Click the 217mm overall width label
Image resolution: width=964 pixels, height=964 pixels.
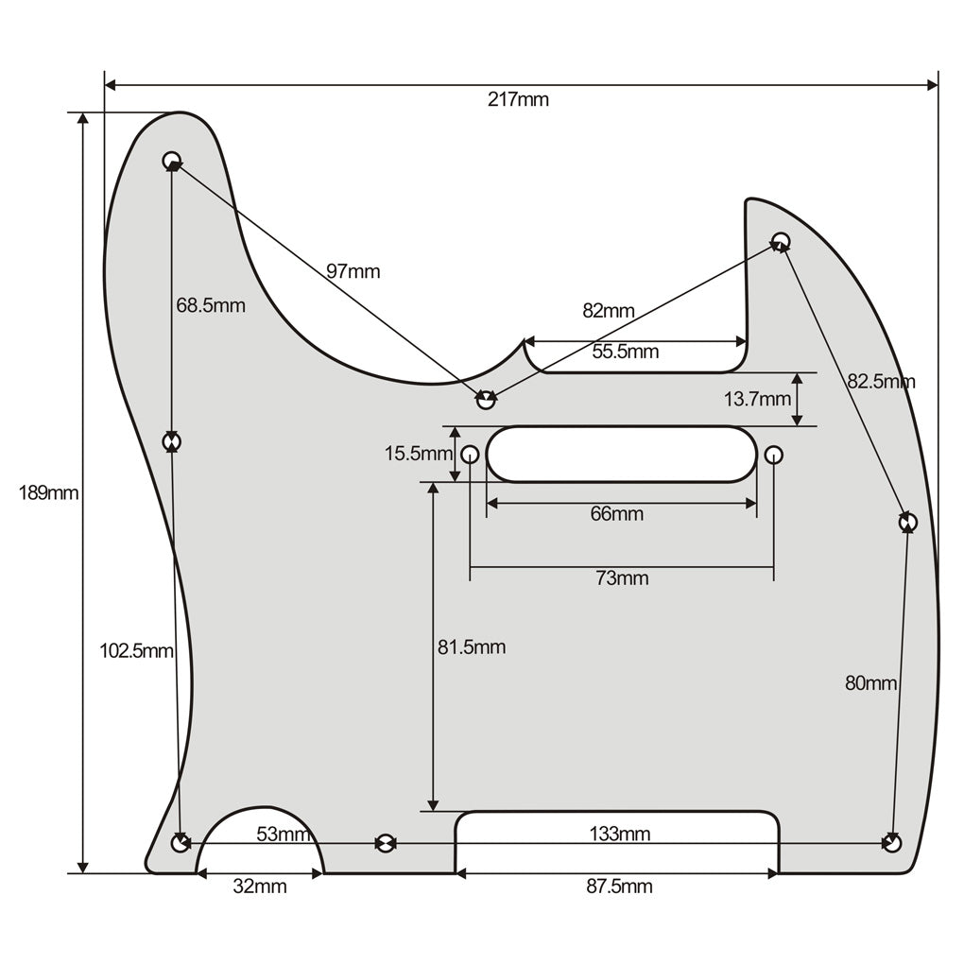coord(518,99)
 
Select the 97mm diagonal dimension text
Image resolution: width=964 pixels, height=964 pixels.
coord(353,271)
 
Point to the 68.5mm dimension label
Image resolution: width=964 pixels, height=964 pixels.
coord(210,305)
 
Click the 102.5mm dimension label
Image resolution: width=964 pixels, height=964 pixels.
coord(137,650)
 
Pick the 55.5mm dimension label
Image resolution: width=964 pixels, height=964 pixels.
coord(626,353)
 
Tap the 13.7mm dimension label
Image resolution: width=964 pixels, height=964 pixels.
coord(758,399)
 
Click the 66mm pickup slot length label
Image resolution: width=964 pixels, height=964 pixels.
coord(617,514)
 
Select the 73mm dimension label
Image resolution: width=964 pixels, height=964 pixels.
coord(622,578)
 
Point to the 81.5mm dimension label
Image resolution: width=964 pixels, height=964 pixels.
coord(472,647)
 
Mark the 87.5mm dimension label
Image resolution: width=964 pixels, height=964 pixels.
coord(619,887)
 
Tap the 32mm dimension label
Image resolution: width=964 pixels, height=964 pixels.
coord(260,887)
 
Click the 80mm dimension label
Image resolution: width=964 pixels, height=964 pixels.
coord(870,682)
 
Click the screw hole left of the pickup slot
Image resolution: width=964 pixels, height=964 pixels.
coord(470,456)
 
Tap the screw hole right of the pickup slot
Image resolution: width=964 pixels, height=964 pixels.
coord(774,456)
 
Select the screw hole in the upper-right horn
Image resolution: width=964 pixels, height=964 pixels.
coord(781,240)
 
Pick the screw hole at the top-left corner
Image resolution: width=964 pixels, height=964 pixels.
coord(172,160)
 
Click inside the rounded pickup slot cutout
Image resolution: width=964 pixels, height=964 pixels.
coord(621,455)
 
